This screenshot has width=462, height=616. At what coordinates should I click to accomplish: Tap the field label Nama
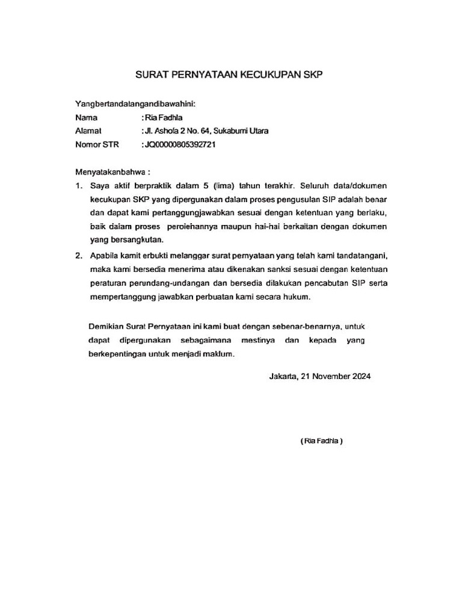86,117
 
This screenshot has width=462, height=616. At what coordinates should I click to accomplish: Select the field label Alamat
88,131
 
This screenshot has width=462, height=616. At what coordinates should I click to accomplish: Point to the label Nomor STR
97,144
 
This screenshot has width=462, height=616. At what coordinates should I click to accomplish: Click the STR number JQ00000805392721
179,144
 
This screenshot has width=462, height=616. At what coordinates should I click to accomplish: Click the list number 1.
78,185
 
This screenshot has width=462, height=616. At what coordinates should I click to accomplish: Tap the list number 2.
78,256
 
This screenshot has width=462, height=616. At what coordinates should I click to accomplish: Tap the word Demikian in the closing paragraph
105,326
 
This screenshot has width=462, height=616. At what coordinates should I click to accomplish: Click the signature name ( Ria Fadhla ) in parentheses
321,441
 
